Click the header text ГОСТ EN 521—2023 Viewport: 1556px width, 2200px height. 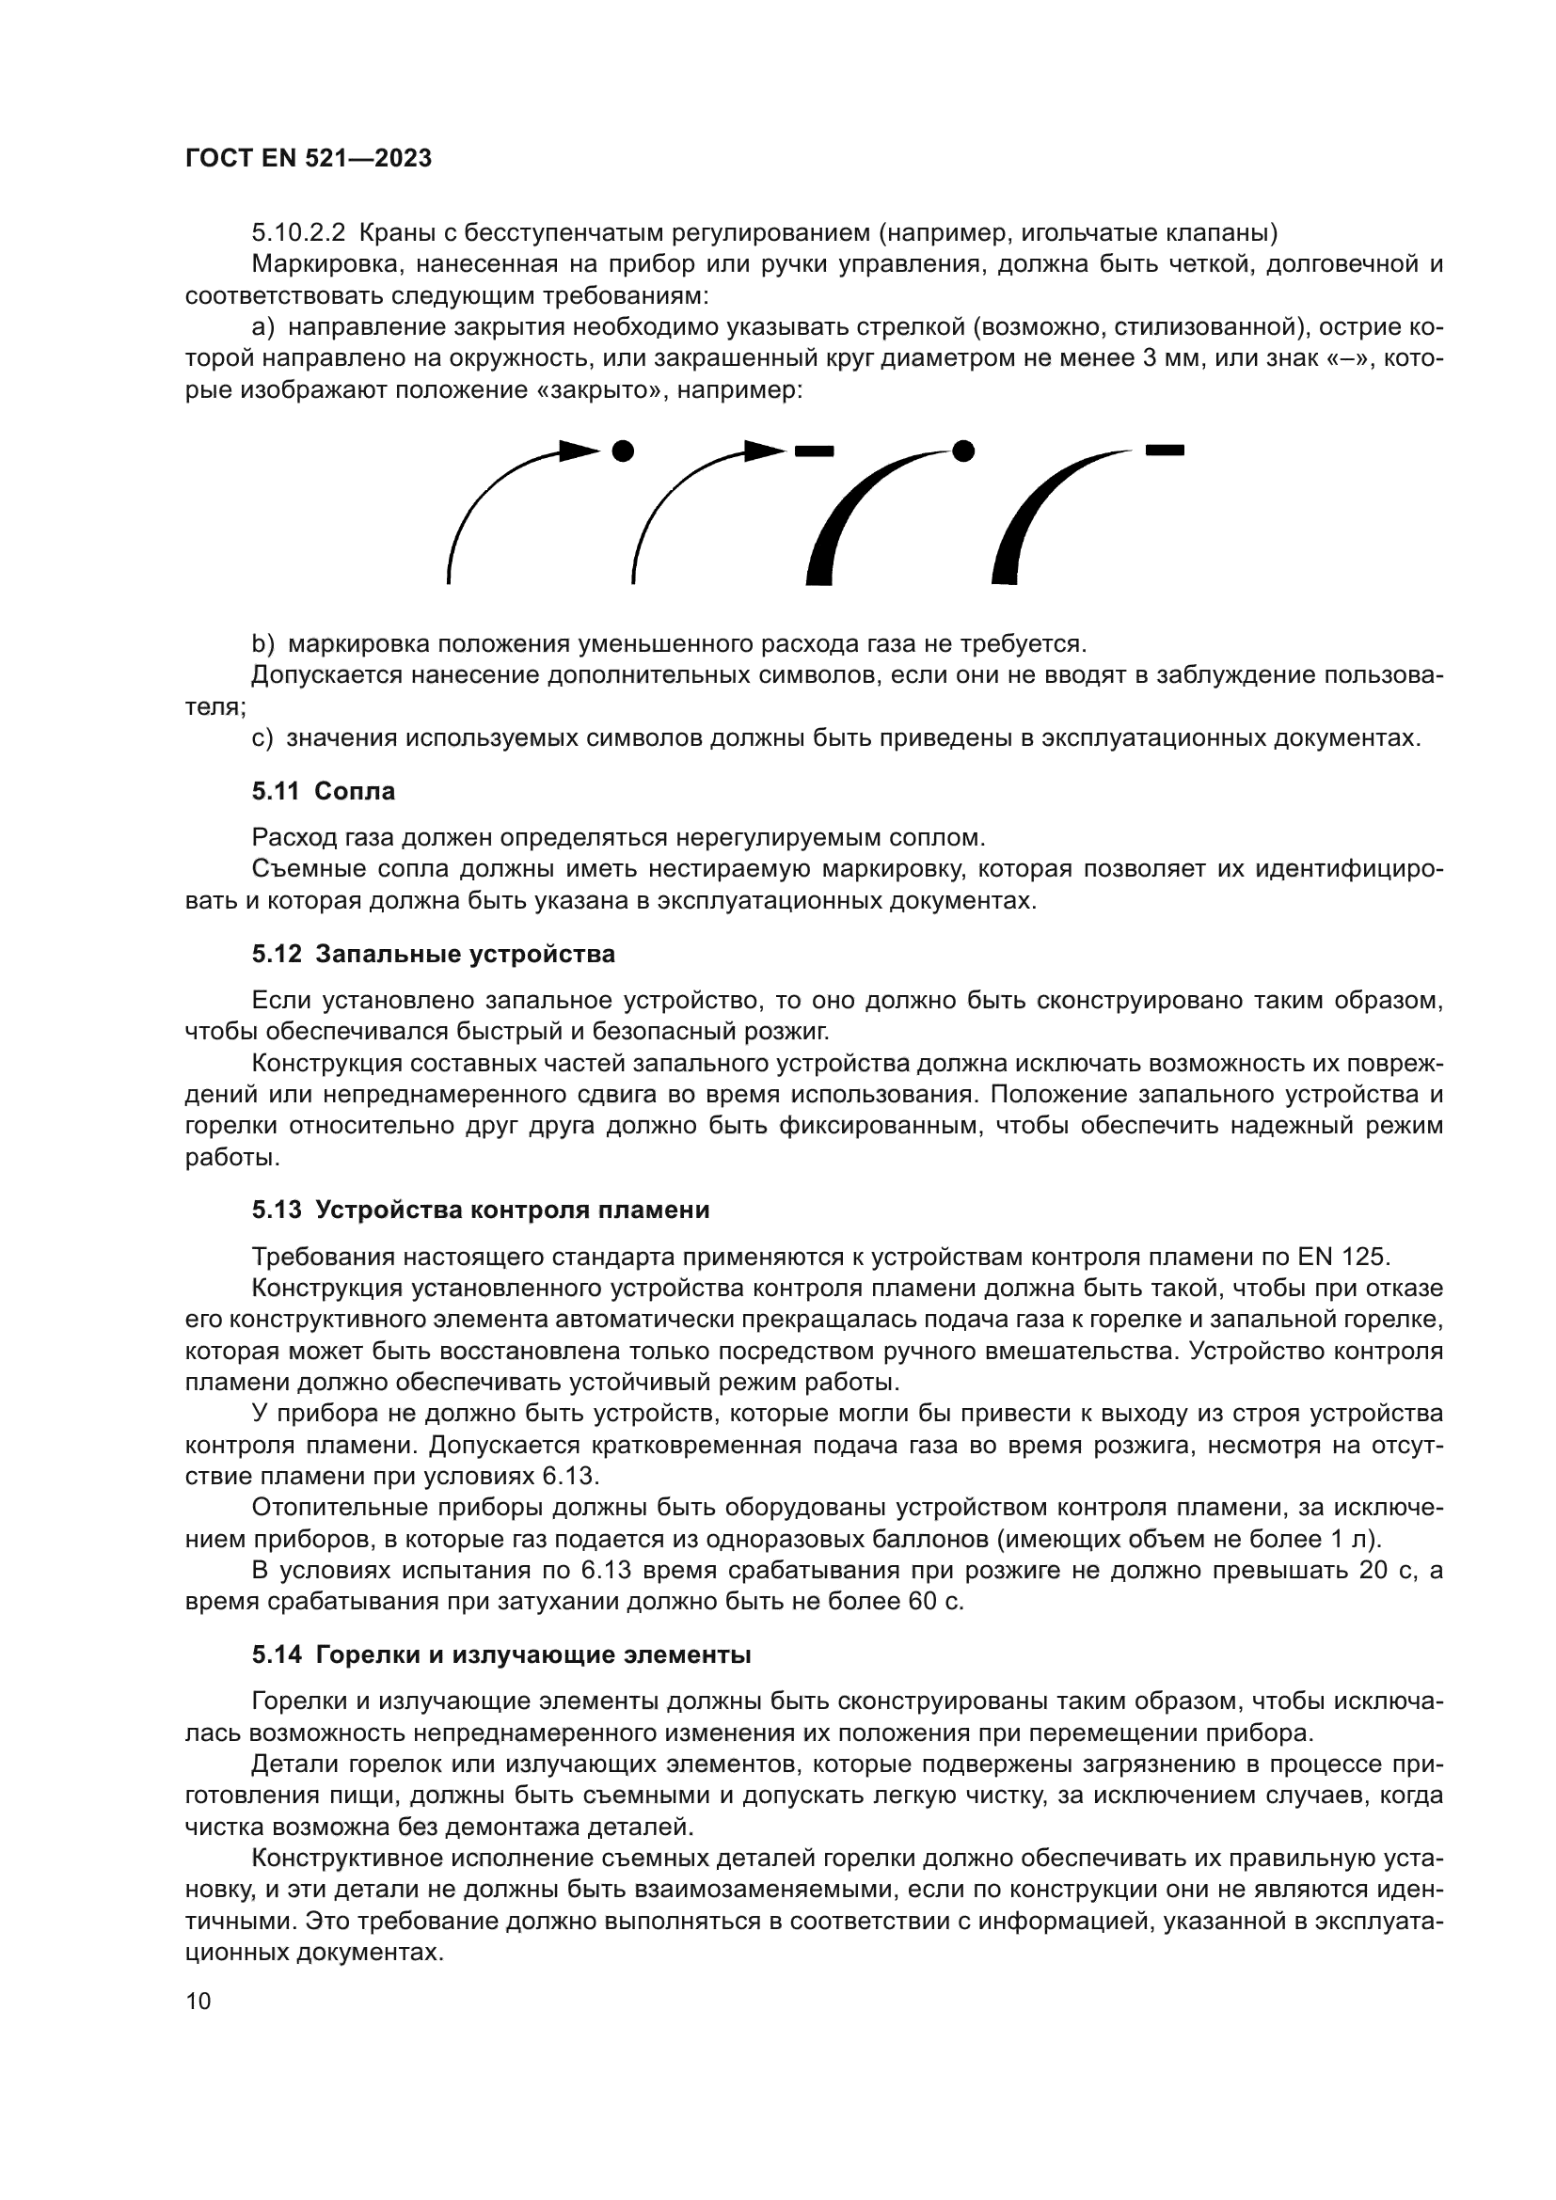(x=309, y=159)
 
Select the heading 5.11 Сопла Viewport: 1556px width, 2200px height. (x=323, y=791)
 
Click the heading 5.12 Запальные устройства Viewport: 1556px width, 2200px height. (x=433, y=955)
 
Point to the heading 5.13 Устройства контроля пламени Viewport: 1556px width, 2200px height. (x=480, y=1211)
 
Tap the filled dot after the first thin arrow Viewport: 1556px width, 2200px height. (x=623, y=450)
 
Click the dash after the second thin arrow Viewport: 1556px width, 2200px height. (x=814, y=451)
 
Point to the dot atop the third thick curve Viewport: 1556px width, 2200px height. (x=964, y=450)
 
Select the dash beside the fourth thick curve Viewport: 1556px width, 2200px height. (x=1165, y=449)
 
